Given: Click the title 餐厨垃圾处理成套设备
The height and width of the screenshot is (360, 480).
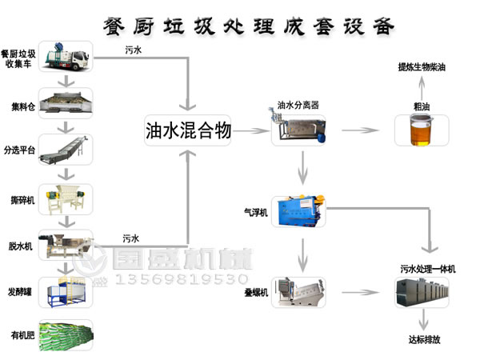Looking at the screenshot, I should [249, 26].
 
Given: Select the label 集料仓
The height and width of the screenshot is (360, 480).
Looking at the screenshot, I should [22, 105].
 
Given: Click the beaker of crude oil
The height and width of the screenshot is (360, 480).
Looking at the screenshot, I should [421, 129].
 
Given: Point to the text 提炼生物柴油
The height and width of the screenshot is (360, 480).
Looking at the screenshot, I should [422, 68].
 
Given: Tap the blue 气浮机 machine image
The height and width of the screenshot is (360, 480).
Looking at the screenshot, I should [301, 212].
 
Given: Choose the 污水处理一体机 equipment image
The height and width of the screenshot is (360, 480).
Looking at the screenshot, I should [421, 293].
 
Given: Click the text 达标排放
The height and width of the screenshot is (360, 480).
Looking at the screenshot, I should [424, 339].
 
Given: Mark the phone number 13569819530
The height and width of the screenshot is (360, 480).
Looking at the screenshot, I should [182, 279].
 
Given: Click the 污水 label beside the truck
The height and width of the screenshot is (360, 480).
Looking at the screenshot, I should [134, 50].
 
